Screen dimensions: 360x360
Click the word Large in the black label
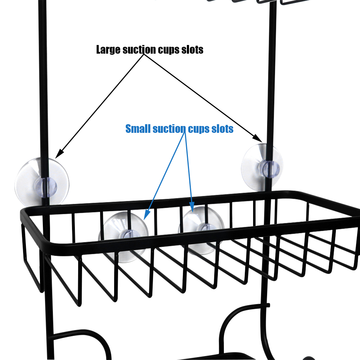[108, 50]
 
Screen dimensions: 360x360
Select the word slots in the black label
[192, 50]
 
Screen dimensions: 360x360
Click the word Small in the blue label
[138, 129]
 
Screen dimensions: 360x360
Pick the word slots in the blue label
[222, 129]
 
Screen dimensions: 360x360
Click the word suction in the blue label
[169, 129]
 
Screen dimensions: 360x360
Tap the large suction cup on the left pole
[42, 182]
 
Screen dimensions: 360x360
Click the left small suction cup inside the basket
[123, 237]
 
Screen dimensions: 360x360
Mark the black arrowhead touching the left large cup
[59, 154]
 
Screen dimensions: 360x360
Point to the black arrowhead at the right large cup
[257, 138]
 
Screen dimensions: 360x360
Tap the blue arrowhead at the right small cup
[192, 207]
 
